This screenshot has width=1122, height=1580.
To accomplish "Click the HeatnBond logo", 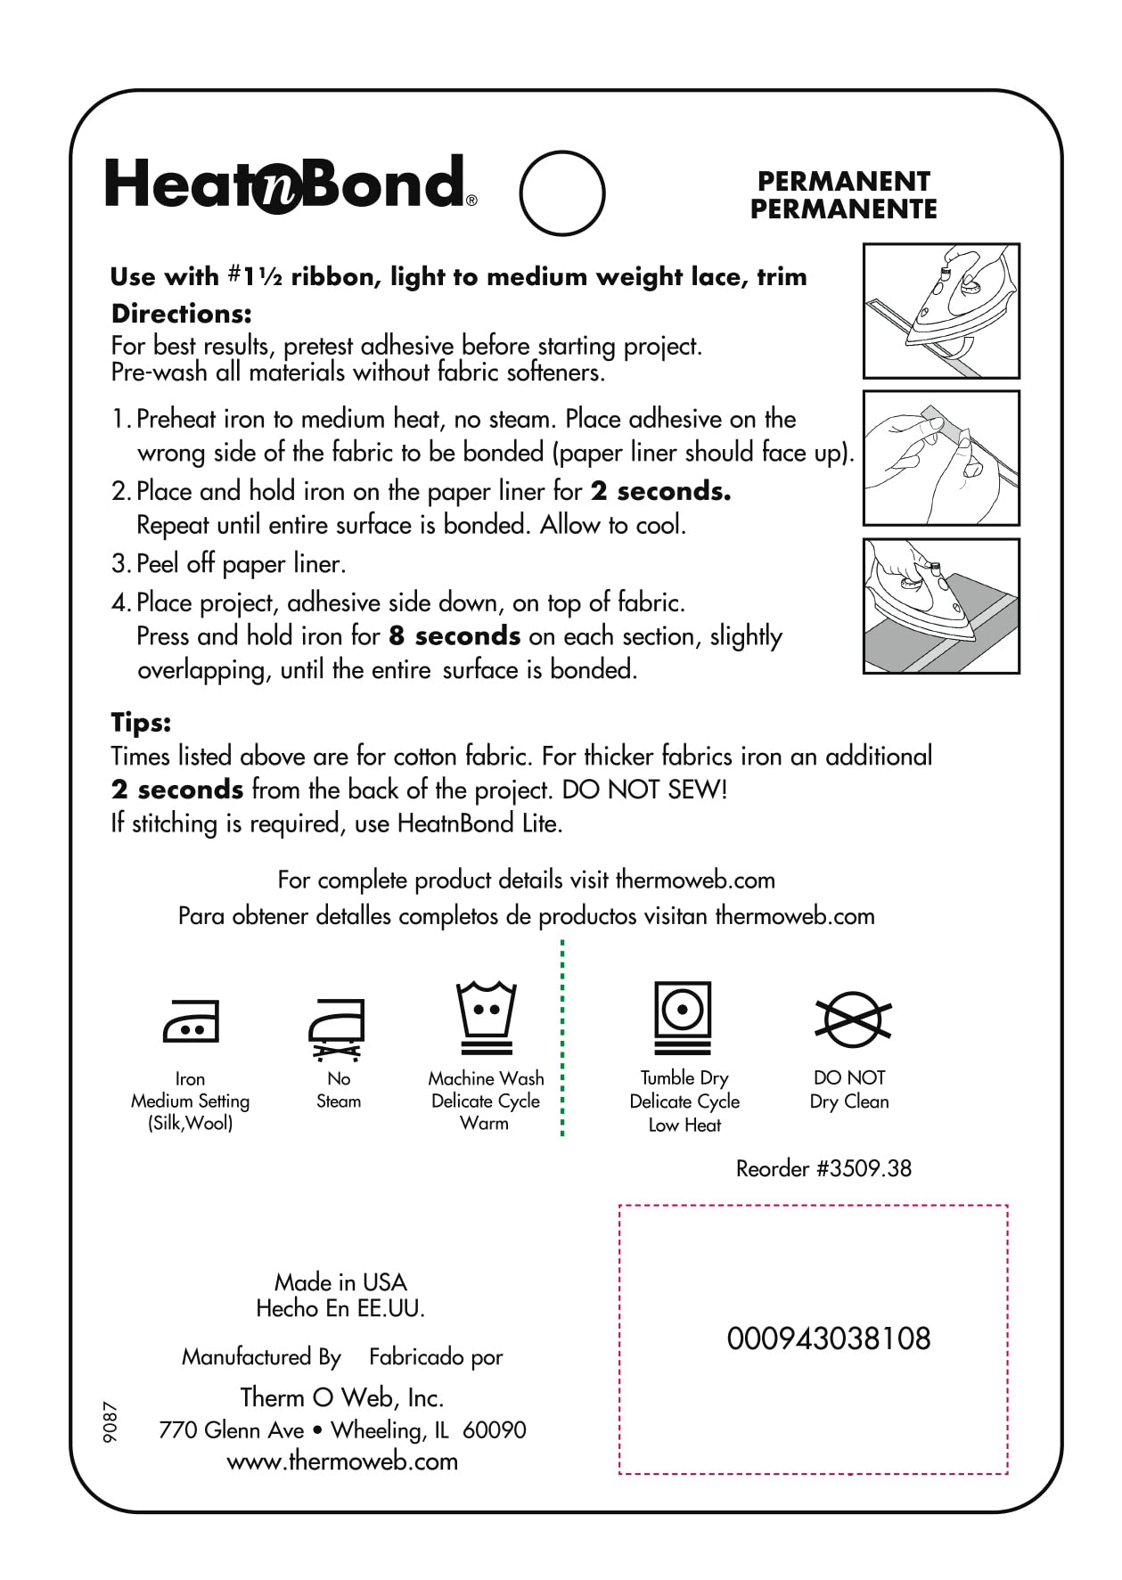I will tap(290, 184).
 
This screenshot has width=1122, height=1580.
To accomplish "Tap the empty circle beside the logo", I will tap(561, 192).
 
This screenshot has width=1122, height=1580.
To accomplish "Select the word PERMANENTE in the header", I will tap(843, 209).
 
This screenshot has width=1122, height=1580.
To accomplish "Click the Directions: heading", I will tap(181, 314).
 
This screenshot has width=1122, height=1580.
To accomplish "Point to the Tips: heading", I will tap(141, 722).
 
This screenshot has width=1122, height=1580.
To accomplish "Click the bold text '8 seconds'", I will tap(455, 636).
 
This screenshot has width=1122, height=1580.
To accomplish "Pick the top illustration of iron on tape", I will tap(941, 311).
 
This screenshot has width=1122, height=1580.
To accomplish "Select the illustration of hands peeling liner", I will tap(941, 458).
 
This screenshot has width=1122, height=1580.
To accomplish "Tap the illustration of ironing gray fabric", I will tap(941, 606).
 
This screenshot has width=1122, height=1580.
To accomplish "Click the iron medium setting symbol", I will tap(191, 1022).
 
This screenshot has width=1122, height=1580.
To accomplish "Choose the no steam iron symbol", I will tap(337, 1028).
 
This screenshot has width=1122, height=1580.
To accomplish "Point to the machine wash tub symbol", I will tap(486, 1018).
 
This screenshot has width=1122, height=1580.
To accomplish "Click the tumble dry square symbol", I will tap(683, 1017).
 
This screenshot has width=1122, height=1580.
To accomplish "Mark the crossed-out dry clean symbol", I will tap(852, 1019).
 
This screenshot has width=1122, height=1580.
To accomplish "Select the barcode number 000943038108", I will tap(828, 1338).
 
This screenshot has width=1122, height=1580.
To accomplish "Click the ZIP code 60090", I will tap(494, 1430).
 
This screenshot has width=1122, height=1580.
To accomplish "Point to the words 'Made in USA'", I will tap(340, 1282).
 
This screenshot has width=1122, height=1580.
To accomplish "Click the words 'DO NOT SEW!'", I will tap(644, 790).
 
